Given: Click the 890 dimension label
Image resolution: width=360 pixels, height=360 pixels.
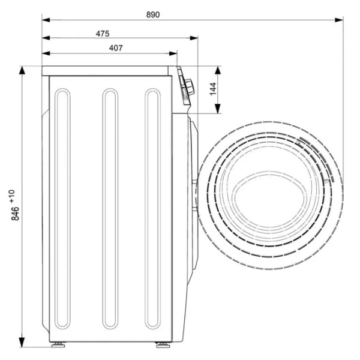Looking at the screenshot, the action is pyautogui.click(x=153, y=14).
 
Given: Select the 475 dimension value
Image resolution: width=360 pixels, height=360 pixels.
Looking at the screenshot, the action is pyautogui.click(x=103, y=34).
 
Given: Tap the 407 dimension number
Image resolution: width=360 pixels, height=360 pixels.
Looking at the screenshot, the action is pyautogui.click(x=116, y=48).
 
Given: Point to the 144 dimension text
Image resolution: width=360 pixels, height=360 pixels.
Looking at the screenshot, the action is pyautogui.click(x=213, y=89).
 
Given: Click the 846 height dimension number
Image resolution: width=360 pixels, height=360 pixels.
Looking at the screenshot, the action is pyautogui.click(x=16, y=214).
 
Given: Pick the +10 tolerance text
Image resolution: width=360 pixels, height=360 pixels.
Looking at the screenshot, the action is pyautogui.click(x=12, y=196).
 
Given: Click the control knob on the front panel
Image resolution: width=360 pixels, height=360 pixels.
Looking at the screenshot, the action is pyautogui.click(x=190, y=86).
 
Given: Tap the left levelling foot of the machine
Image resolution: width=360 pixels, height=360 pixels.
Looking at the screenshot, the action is pyautogui.click(x=58, y=344).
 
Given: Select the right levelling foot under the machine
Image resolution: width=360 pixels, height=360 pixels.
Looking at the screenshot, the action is pyautogui.click(x=163, y=344).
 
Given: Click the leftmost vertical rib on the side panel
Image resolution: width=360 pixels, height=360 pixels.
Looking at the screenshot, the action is pyautogui.click(x=62, y=209).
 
